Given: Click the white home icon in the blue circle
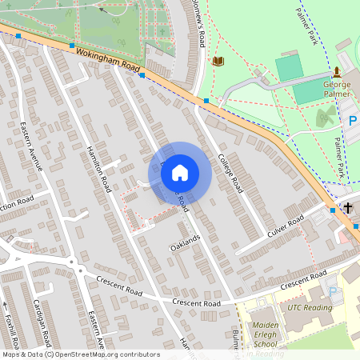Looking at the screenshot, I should coord(180,172).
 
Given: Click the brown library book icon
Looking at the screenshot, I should coord(218,61).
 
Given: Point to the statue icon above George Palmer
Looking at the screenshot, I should coord(337,73).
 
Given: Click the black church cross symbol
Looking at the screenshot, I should coord(348,208).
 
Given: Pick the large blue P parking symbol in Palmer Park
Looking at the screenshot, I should coord(352,121).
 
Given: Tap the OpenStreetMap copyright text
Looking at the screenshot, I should coord(80,354).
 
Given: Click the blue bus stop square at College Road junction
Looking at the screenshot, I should coord(206,101).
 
